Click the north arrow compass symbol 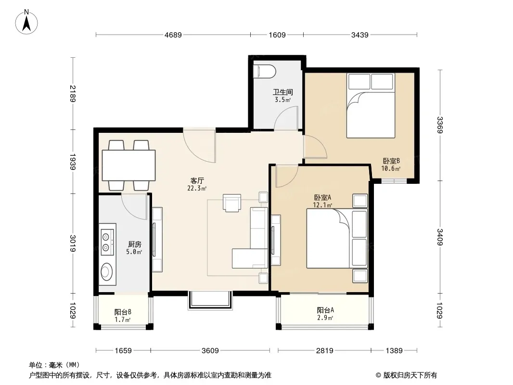(26, 22)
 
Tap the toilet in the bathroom (264, 71)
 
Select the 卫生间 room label (283, 92)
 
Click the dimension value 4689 (173, 35)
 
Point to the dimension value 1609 (277, 35)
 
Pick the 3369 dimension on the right (440, 125)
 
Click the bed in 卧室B (371, 105)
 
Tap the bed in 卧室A (337, 238)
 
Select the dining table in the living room (128, 165)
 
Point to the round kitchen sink (106, 271)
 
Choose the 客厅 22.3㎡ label (197, 184)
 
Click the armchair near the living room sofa (232, 203)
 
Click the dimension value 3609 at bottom (210, 351)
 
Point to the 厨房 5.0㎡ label (134, 248)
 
